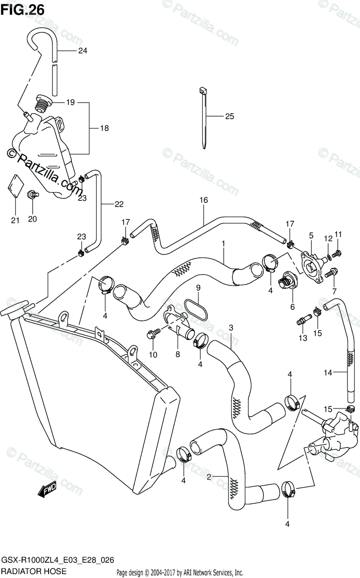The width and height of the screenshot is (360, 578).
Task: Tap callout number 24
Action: [83, 51]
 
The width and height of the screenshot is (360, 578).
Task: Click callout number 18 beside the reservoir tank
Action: [104, 128]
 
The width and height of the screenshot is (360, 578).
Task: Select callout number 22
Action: [119, 204]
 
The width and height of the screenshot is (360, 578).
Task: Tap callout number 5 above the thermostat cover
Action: [311, 236]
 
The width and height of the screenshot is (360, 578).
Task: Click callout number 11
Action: [338, 234]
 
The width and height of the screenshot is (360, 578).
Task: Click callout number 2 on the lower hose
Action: [208, 477]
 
